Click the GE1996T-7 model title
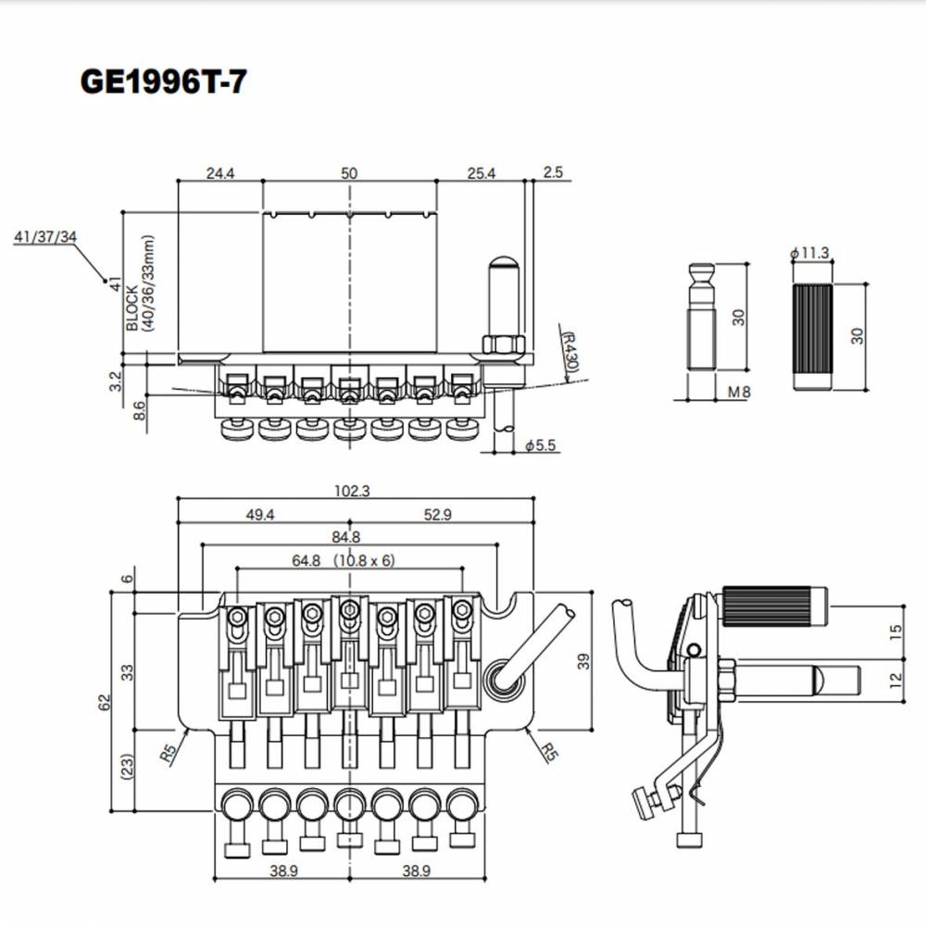(163, 81)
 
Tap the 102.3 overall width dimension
(352, 491)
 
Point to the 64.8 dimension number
(306, 560)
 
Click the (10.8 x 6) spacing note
(364, 560)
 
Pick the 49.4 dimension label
(260, 515)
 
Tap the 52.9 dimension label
(438, 515)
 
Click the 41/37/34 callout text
(45, 237)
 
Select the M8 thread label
(739, 392)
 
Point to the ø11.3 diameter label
(809, 253)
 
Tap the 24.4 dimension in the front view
(220, 173)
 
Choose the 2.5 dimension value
(554, 172)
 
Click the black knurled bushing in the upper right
(813, 337)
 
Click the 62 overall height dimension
(105, 702)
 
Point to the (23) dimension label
(128, 767)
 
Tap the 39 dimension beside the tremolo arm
(583, 661)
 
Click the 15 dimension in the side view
(895, 632)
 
